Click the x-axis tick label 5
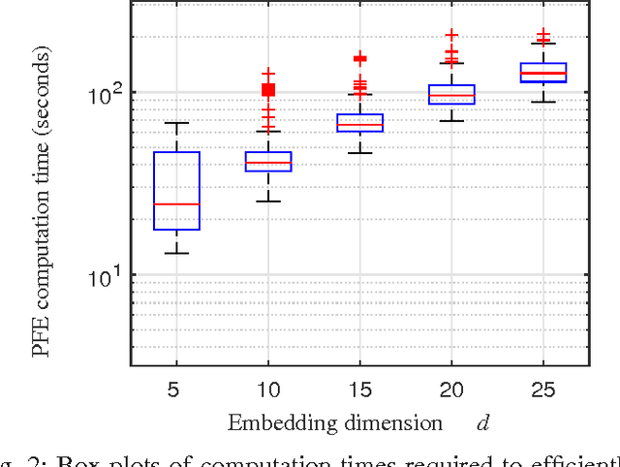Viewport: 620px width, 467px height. [x=176, y=390]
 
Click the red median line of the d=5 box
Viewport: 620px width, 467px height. [x=176, y=204]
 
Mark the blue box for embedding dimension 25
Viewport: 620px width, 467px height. [x=542, y=73]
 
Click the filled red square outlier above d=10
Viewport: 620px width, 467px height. [x=268, y=90]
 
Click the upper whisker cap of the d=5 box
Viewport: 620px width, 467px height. [x=176, y=123]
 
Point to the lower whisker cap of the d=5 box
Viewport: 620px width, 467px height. [x=176, y=253]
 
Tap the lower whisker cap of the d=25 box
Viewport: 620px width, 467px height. [x=542, y=102]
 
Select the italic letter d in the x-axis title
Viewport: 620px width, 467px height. [x=480, y=423]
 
